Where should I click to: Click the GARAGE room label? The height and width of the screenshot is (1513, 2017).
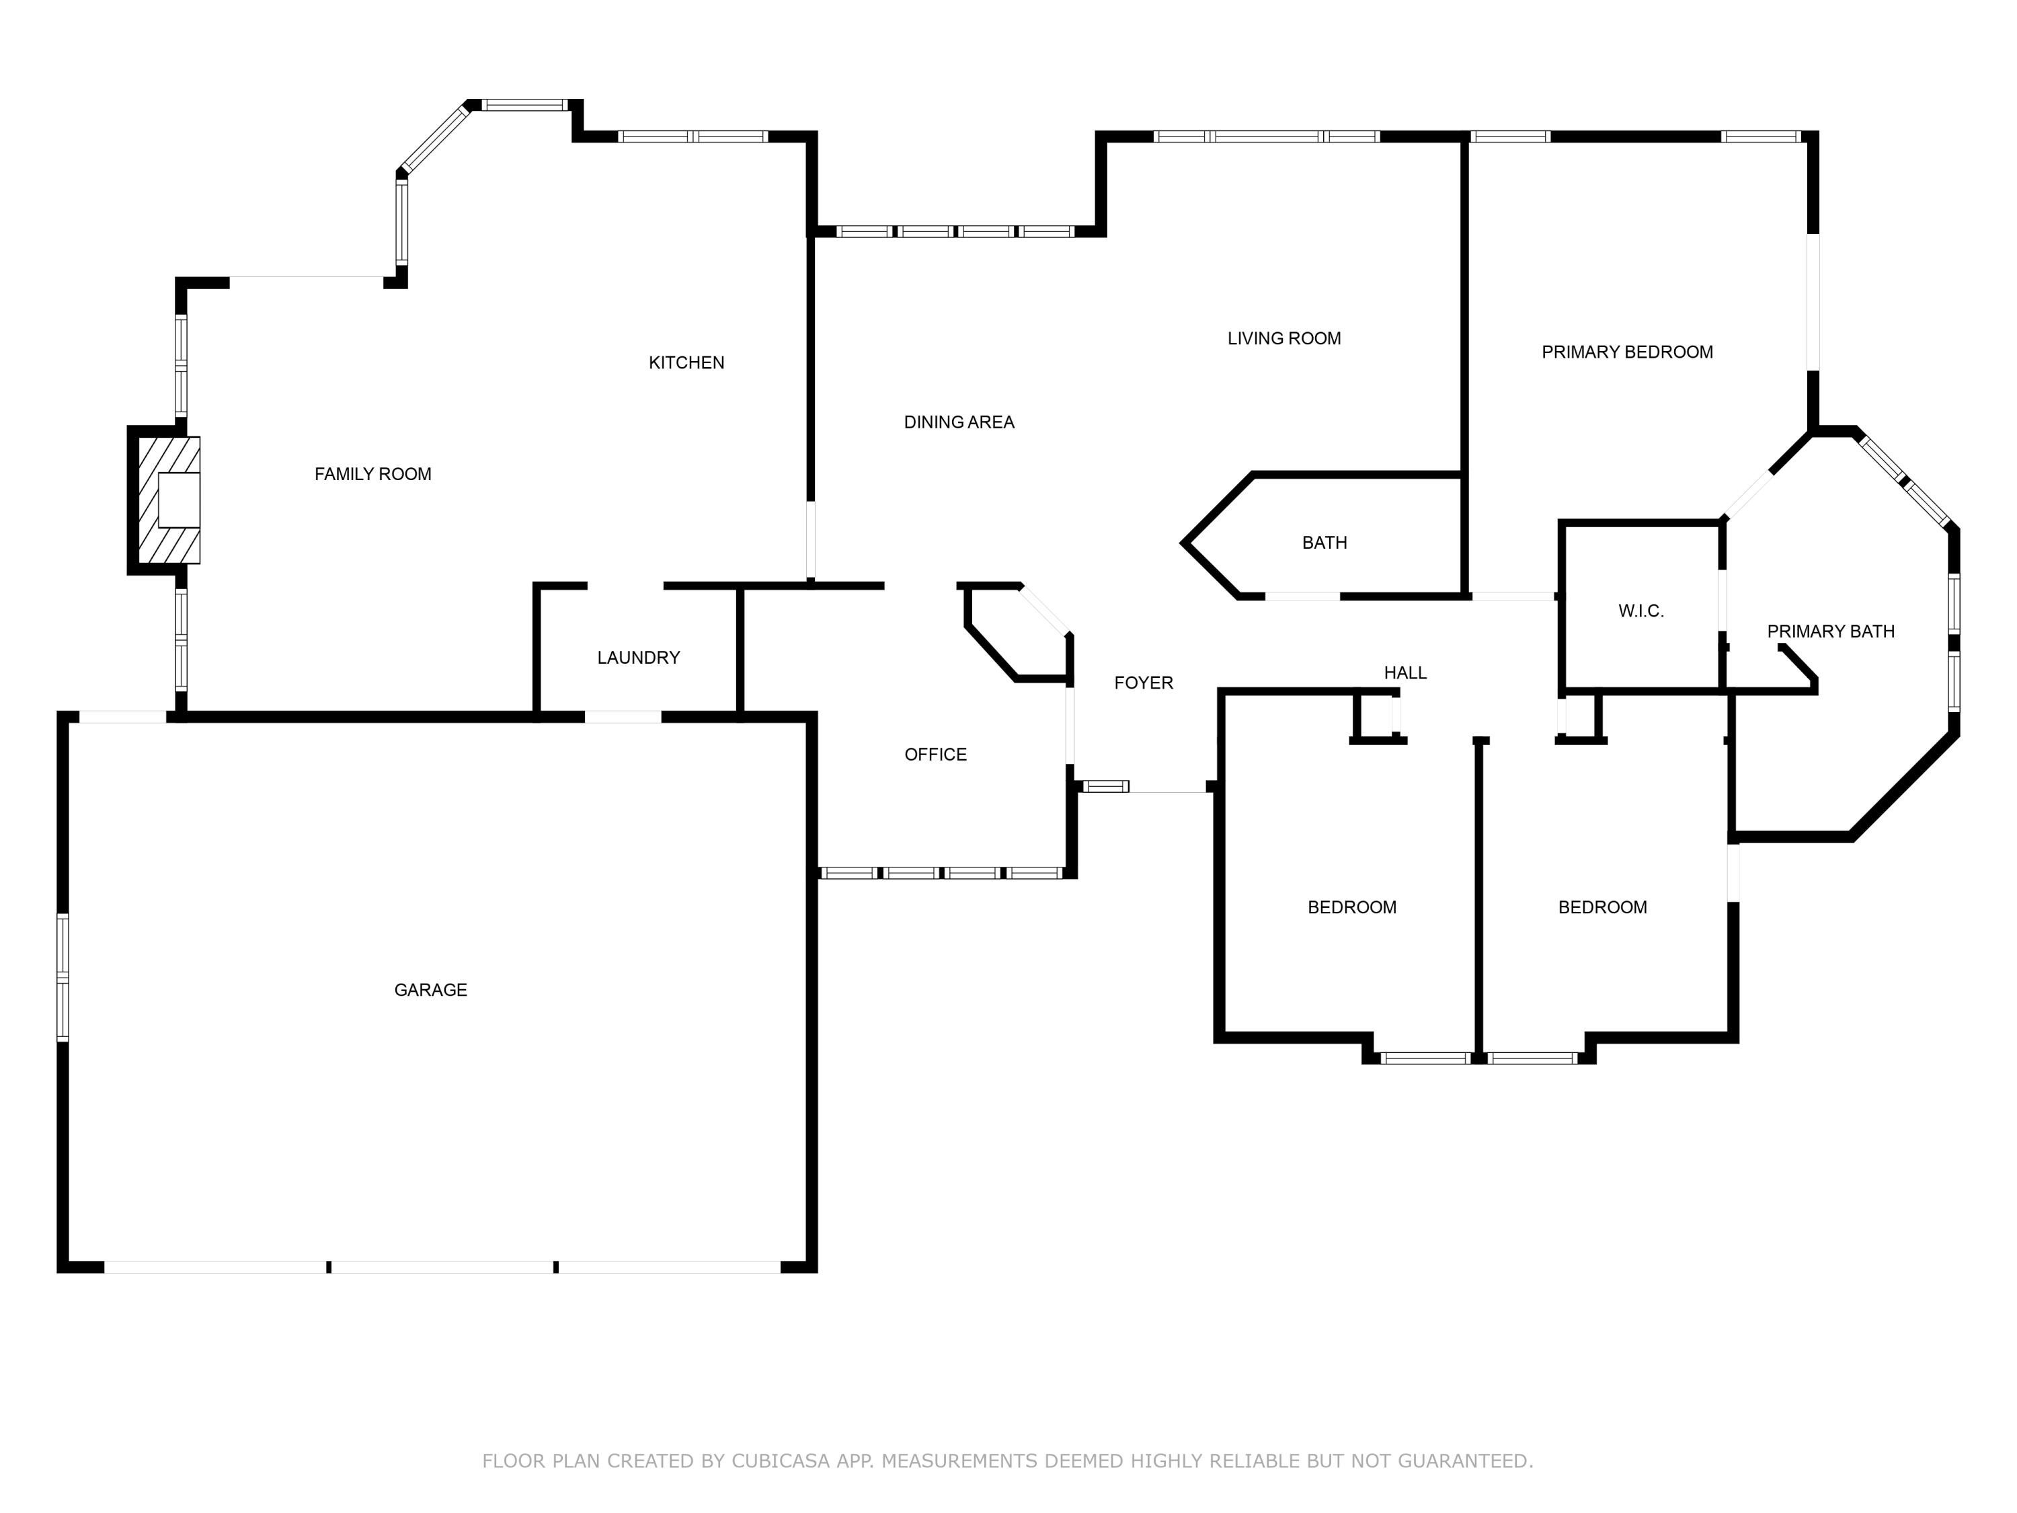(x=430, y=990)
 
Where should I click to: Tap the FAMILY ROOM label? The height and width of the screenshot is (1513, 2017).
(x=373, y=473)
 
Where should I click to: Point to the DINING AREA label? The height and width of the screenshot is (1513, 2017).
(x=959, y=422)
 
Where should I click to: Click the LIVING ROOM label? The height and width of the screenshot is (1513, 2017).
(x=1284, y=338)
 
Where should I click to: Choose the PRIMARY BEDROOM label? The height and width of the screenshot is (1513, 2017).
(x=1628, y=352)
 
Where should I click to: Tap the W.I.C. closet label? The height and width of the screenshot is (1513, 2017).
(x=1641, y=611)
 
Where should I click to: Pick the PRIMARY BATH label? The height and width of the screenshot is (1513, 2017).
(x=1831, y=631)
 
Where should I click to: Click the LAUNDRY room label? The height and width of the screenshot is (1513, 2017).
(x=638, y=658)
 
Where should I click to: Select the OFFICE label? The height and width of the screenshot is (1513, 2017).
(x=936, y=754)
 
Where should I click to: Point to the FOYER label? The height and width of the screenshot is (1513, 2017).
(x=1144, y=683)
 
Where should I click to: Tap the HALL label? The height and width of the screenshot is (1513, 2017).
(x=1405, y=673)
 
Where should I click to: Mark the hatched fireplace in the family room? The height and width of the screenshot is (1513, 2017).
(x=169, y=500)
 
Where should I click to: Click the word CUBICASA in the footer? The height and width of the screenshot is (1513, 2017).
(x=780, y=1461)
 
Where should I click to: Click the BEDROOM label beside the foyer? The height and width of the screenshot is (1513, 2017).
(x=1352, y=907)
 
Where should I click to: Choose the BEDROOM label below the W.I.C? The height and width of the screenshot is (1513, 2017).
(x=1603, y=907)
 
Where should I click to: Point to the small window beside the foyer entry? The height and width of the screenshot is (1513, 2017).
(x=1106, y=786)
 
